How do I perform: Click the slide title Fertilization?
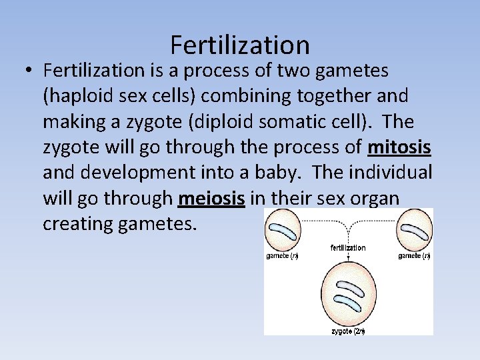[240, 45]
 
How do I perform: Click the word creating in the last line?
[75, 223]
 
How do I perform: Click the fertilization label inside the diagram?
[348, 248]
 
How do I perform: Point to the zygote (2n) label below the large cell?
[348, 331]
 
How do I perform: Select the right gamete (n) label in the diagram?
[414, 256]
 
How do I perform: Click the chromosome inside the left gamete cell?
[283, 231]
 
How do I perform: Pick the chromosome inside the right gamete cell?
[415, 231]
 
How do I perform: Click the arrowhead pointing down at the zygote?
[348, 263]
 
